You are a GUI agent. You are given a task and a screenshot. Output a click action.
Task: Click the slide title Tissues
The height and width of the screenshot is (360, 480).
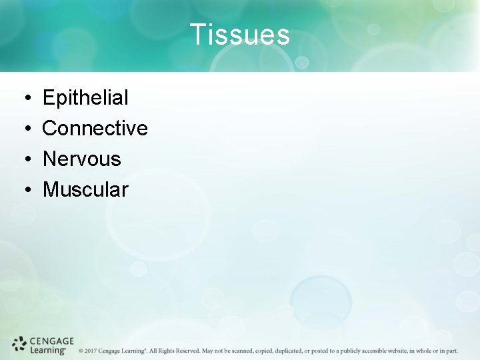(x=239, y=35)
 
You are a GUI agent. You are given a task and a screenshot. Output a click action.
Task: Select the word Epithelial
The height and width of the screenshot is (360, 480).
(x=85, y=98)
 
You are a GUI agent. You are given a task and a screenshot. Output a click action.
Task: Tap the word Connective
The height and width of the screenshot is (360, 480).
(x=95, y=128)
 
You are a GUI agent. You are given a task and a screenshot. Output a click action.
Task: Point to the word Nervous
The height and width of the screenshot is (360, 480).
(x=81, y=159)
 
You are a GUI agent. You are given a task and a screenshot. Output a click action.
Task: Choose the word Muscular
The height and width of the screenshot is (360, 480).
(x=85, y=189)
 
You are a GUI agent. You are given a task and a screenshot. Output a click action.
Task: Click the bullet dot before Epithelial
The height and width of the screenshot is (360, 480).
(x=23, y=99)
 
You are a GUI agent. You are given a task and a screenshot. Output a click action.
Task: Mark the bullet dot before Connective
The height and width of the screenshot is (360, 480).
(x=23, y=129)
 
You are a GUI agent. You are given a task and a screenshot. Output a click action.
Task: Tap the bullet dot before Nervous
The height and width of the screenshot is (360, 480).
(x=23, y=159)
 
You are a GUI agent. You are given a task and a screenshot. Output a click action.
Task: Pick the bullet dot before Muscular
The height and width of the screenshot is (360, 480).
(x=23, y=190)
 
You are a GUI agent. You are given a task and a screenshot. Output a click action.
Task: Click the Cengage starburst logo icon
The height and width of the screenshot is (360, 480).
(x=19, y=344)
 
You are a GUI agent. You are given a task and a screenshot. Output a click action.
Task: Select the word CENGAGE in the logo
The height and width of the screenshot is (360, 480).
(x=52, y=341)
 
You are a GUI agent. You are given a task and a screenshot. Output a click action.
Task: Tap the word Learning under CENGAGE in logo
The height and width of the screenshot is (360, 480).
(x=47, y=349)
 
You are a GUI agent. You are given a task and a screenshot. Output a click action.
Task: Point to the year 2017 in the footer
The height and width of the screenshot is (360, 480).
(x=91, y=351)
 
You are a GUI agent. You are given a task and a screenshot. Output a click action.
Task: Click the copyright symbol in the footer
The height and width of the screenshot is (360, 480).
(x=81, y=351)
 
